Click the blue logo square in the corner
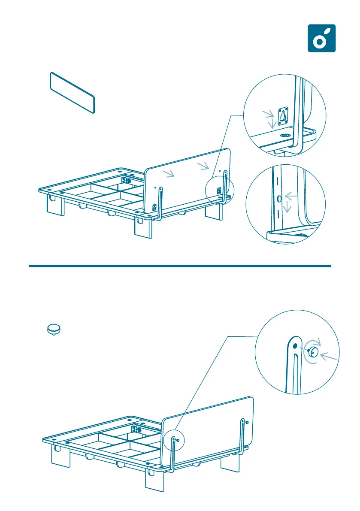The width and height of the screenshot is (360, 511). (x=322, y=38)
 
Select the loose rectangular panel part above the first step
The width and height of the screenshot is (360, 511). (x=72, y=92)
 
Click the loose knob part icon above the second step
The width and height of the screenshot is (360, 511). (x=54, y=329)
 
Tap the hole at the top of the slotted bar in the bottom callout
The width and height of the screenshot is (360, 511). (x=295, y=345)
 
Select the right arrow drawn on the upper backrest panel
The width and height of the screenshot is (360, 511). (x=204, y=166)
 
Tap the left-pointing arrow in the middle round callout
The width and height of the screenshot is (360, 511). (x=291, y=197)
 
